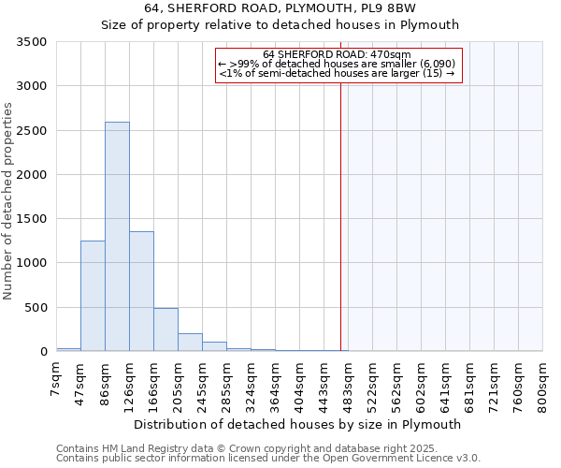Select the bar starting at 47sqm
pyautogui.click(x=93, y=296)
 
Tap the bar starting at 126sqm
pyautogui.click(x=141, y=291)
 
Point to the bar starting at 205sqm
pyautogui.click(x=190, y=342)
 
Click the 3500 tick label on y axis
pyautogui.click(x=32, y=42)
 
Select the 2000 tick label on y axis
pyautogui.click(x=32, y=175)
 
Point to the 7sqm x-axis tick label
pyautogui.click(x=56, y=379)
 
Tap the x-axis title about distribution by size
pyautogui.click(x=297, y=424)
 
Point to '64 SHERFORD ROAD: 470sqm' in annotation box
pyautogui.click(x=338, y=54)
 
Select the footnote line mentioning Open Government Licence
pyautogui.click(x=268, y=458)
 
